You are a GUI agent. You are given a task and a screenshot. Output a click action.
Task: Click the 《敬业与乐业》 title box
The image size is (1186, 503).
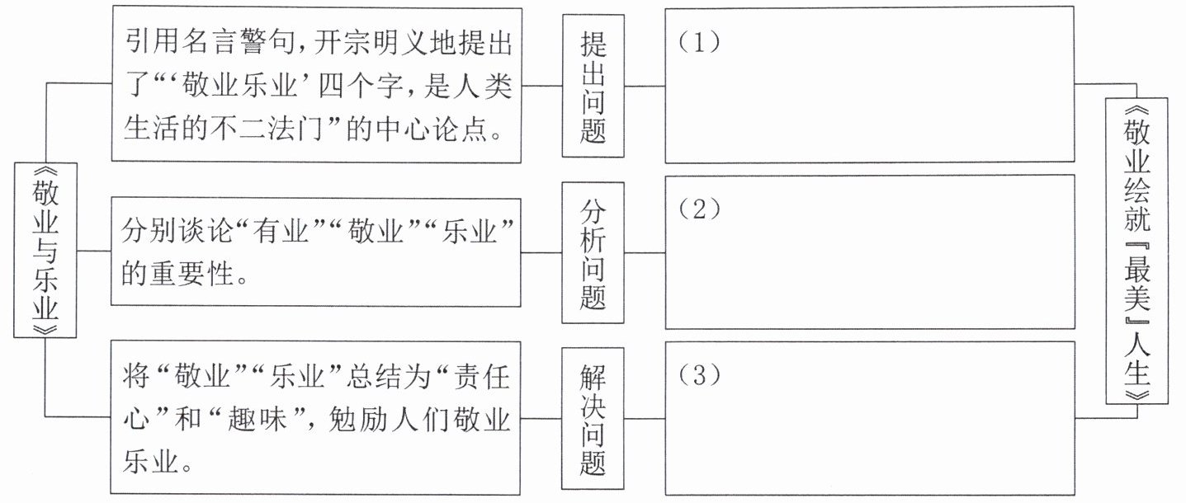pyautogui.click(x=45, y=250)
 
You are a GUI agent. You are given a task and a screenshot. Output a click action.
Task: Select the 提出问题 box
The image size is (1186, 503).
pyautogui.click(x=593, y=86)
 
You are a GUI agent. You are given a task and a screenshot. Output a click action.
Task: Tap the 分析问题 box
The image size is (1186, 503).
pyautogui.click(x=593, y=252)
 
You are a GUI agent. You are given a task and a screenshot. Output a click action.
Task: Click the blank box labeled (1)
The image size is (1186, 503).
pyautogui.click(x=870, y=86)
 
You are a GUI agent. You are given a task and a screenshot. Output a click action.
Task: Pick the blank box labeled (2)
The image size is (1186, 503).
pyautogui.click(x=870, y=251)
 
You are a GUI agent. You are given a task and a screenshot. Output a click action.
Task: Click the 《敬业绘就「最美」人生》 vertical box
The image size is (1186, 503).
pyautogui.click(x=1136, y=250)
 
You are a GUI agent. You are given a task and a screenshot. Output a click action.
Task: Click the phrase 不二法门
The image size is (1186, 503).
pyautogui.click(x=281, y=130)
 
